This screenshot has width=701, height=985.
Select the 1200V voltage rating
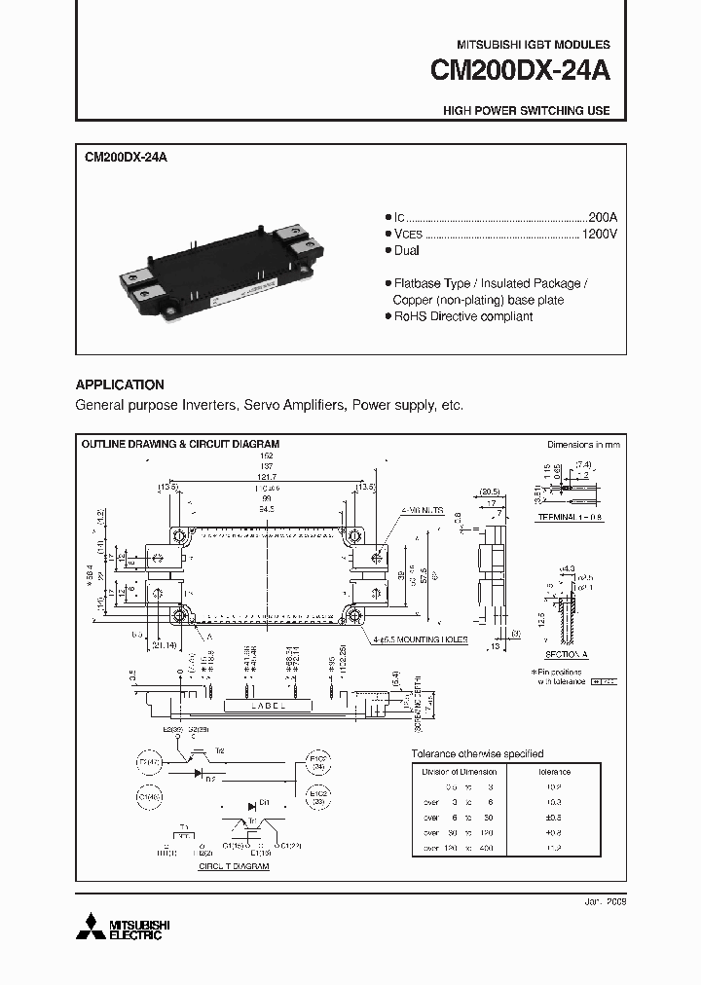pos(599,234)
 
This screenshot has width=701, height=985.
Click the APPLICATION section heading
pos(120,384)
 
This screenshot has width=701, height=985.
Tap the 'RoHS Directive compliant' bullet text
pos(462,317)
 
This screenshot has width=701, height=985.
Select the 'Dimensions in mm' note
pos(583,444)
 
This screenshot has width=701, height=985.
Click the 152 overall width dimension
pos(267,456)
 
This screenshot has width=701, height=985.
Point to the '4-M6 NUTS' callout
pos(421,510)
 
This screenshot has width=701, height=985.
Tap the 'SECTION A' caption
pos(563,655)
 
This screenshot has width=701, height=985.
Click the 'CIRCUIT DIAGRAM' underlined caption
pos(234,865)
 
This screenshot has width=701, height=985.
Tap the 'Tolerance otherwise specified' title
pos(477,754)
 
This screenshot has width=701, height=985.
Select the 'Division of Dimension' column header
pos(458,772)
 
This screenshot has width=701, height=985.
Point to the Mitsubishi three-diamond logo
pos(92,925)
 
